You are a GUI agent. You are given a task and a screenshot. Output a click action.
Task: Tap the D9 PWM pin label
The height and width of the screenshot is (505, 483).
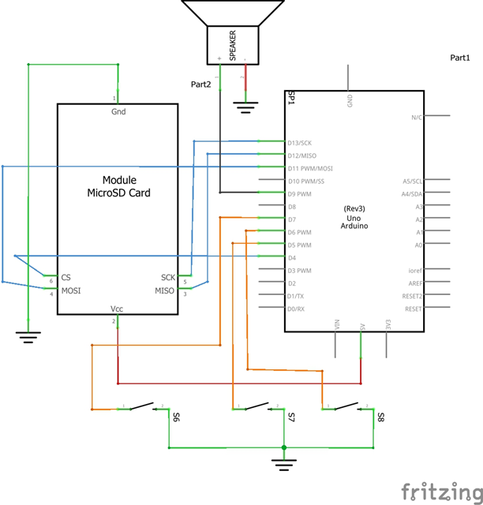pyautogui.click(x=301, y=194)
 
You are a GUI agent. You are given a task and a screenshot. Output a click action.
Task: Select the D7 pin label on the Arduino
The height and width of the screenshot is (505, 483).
pyautogui.click(x=292, y=219)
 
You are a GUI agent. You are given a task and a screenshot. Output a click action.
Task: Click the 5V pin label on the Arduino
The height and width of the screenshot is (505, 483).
pyautogui.click(x=362, y=324)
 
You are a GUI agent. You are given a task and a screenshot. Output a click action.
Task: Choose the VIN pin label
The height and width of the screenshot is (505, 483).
pyautogui.click(x=337, y=324)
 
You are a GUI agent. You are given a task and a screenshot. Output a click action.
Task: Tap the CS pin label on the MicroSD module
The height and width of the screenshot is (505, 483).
pyautogui.click(x=66, y=278)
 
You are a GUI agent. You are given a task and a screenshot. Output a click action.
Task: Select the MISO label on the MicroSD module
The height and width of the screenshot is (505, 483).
pyautogui.click(x=164, y=290)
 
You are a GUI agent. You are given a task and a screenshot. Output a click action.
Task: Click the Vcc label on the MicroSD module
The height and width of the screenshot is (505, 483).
pyautogui.click(x=118, y=309)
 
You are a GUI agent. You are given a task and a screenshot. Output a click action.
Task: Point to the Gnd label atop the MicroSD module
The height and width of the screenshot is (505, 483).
pyautogui.click(x=118, y=112)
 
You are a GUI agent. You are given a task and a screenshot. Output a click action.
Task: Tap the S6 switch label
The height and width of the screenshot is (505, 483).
pyautogui.click(x=175, y=416)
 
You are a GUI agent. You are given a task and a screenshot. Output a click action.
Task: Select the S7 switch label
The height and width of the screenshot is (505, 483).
pyautogui.click(x=290, y=416)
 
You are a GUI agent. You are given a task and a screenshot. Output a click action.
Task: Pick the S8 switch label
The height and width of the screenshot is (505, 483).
pyautogui.click(x=380, y=416)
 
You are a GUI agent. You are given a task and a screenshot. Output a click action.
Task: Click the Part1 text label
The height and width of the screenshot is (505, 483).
pyautogui.click(x=465, y=58)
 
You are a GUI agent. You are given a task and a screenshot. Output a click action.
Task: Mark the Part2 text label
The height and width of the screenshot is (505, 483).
pyautogui.click(x=201, y=84)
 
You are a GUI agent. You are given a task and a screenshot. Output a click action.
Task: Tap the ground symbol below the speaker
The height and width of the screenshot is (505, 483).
pyautogui.click(x=245, y=106)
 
